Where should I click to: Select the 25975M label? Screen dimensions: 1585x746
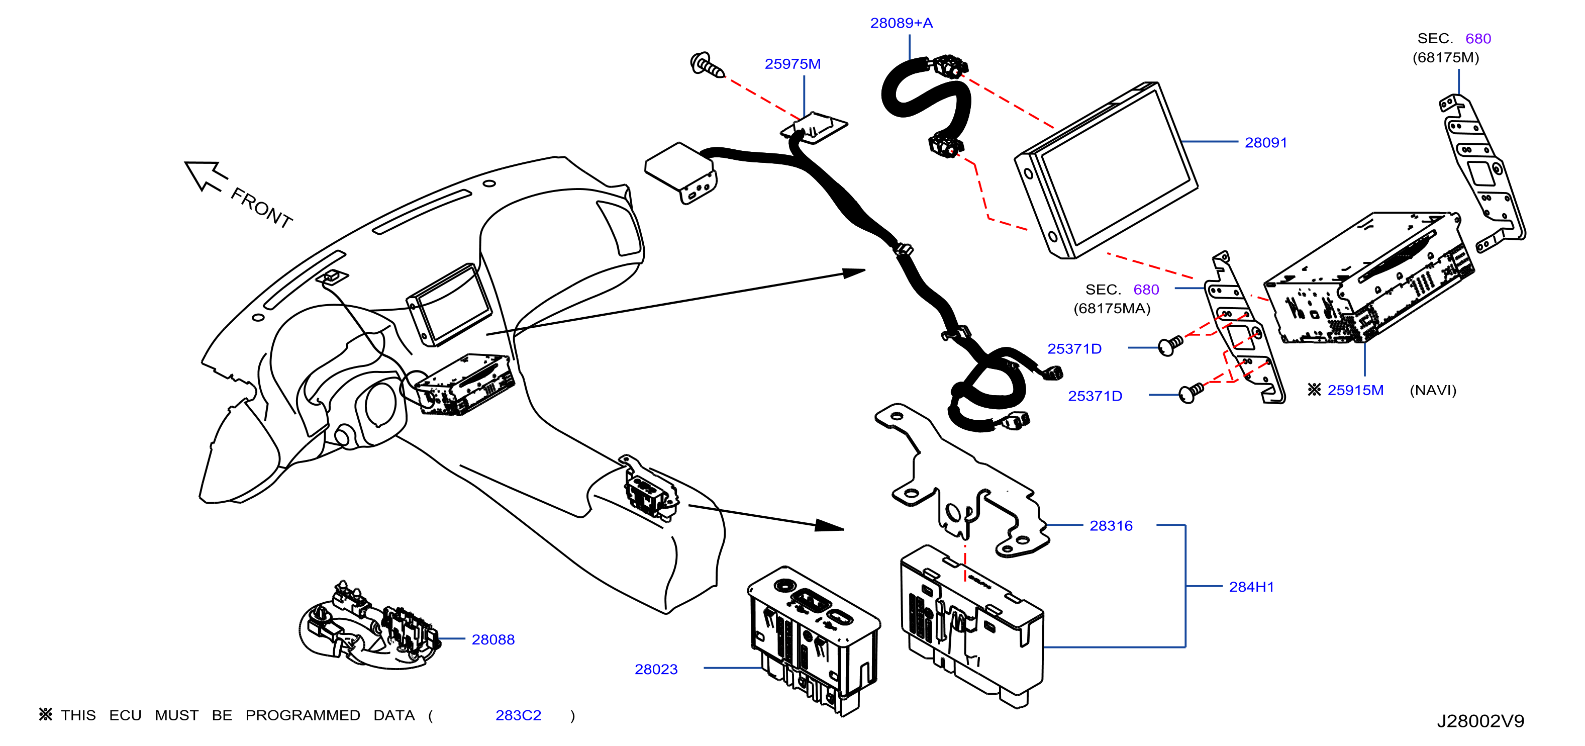[792, 64]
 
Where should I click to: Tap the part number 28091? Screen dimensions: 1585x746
[1266, 143]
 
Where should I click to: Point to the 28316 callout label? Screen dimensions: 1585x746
[1111, 526]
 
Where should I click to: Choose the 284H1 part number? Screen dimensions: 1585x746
[1251, 587]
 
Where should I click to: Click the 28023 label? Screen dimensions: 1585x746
[656, 670]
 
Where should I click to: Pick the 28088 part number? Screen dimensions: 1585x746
[493, 640]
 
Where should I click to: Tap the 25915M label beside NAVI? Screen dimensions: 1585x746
[1355, 390]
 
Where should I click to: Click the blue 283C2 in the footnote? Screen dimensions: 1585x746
[518, 715]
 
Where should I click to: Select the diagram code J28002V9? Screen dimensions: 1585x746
[1480, 721]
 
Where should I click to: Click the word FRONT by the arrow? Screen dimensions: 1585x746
[261, 208]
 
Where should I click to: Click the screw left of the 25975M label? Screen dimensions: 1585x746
[708, 65]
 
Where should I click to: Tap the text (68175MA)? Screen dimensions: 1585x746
[1112, 308]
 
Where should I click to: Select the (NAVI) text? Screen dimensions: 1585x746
[1433, 390]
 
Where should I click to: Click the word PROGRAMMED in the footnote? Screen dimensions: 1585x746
[303, 715]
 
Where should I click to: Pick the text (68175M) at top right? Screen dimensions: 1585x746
[1446, 58]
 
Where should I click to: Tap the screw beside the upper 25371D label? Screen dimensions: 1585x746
[1170, 346]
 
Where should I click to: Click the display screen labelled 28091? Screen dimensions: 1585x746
[1106, 170]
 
